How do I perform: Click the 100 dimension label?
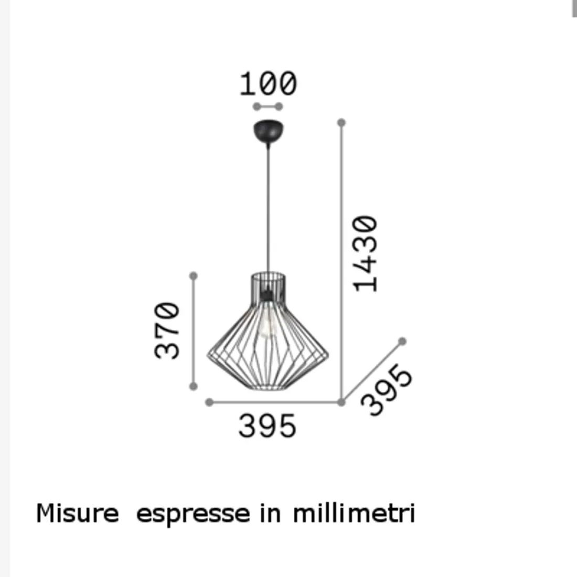[x=268, y=84]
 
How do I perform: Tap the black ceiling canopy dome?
[x=268, y=131]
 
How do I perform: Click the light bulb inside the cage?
[x=268, y=325]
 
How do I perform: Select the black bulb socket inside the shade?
[x=268, y=295]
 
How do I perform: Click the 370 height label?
[x=168, y=330]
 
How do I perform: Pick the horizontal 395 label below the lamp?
[x=268, y=426]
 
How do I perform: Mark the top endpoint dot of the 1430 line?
[x=341, y=123]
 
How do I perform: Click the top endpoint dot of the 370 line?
[x=194, y=276]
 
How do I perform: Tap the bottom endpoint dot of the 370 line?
[x=194, y=387]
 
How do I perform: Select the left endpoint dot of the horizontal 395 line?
[x=209, y=402]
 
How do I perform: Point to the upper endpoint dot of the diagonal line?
[x=402, y=341]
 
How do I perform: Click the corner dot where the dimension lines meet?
[x=341, y=402]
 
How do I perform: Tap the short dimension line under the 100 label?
[x=268, y=106]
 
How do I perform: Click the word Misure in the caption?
[x=77, y=513]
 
